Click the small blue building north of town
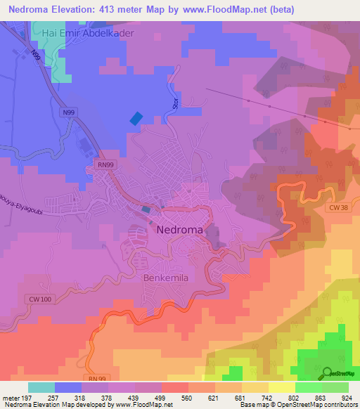tap(136, 119)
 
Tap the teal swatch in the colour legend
tap(41, 387)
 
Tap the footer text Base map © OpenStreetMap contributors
tap(297, 405)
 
